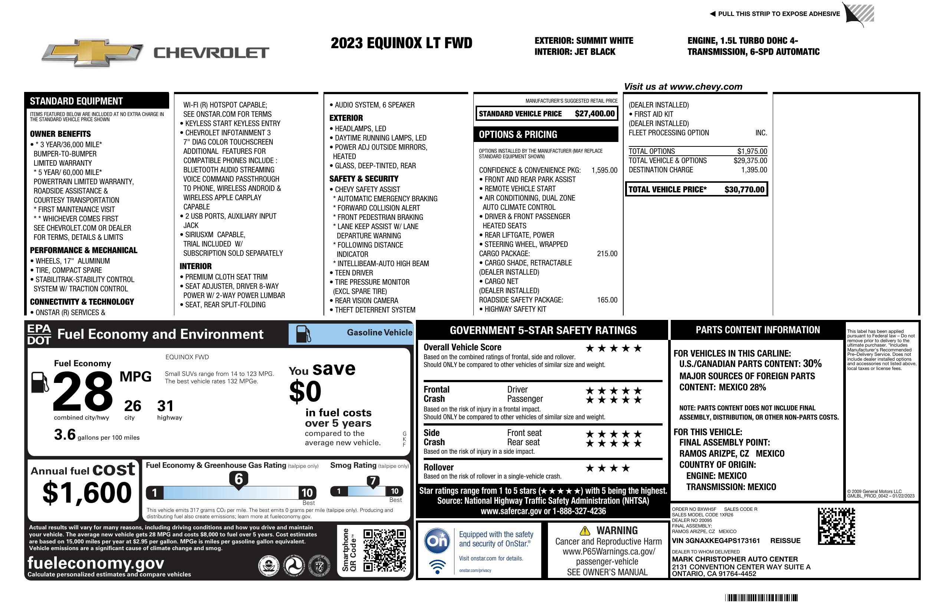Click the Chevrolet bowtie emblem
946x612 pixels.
pyautogui.click(x=92, y=53)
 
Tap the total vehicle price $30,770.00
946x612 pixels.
pyautogui.click(x=744, y=189)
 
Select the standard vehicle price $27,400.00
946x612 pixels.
pyautogui.click(x=595, y=114)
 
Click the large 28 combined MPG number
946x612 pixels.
pyautogui.click(x=83, y=391)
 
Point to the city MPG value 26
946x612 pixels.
pyautogui.click(x=132, y=406)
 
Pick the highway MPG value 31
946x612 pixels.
pyautogui.click(x=165, y=406)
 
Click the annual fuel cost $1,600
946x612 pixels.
pyautogui.click(x=87, y=493)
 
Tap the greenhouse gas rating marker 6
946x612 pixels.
pyautogui.click(x=239, y=479)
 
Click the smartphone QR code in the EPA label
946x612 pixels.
pyautogui.click(x=384, y=550)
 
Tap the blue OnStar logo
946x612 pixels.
pyautogui.click(x=437, y=540)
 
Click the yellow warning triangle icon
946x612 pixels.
pyautogui.click(x=585, y=530)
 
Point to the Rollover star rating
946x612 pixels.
pyautogui.click(x=608, y=468)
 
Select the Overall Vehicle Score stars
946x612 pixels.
pyautogui.click(x=614, y=348)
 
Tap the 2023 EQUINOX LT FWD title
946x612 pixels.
pyautogui.click(x=401, y=43)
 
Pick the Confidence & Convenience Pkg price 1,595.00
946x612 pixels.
pyautogui.click(x=604, y=171)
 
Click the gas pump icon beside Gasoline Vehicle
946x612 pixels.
pyautogui.click(x=304, y=334)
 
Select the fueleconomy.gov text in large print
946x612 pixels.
pyautogui.click(x=96, y=563)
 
